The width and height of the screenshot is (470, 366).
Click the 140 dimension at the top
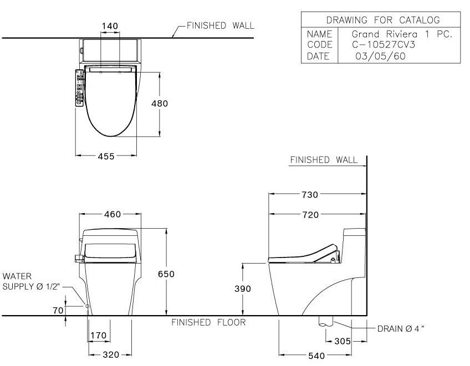pos(109,26)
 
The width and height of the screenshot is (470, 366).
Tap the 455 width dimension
pos(106,157)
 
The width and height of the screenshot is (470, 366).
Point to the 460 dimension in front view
pos(111,214)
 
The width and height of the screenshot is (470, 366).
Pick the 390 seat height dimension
pos(242,289)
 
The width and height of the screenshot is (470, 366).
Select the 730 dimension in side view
pos(310,194)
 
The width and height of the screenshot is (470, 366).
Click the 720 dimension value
pos(310,215)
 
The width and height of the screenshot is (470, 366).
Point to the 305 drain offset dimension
pos(343,342)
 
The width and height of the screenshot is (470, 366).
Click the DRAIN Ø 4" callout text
pos(401,328)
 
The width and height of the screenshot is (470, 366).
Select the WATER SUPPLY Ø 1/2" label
pos(30,281)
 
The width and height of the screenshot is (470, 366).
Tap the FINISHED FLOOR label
pos(208,322)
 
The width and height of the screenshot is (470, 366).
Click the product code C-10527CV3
pos(382,44)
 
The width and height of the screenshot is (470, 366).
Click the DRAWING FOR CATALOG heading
pos(383,20)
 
